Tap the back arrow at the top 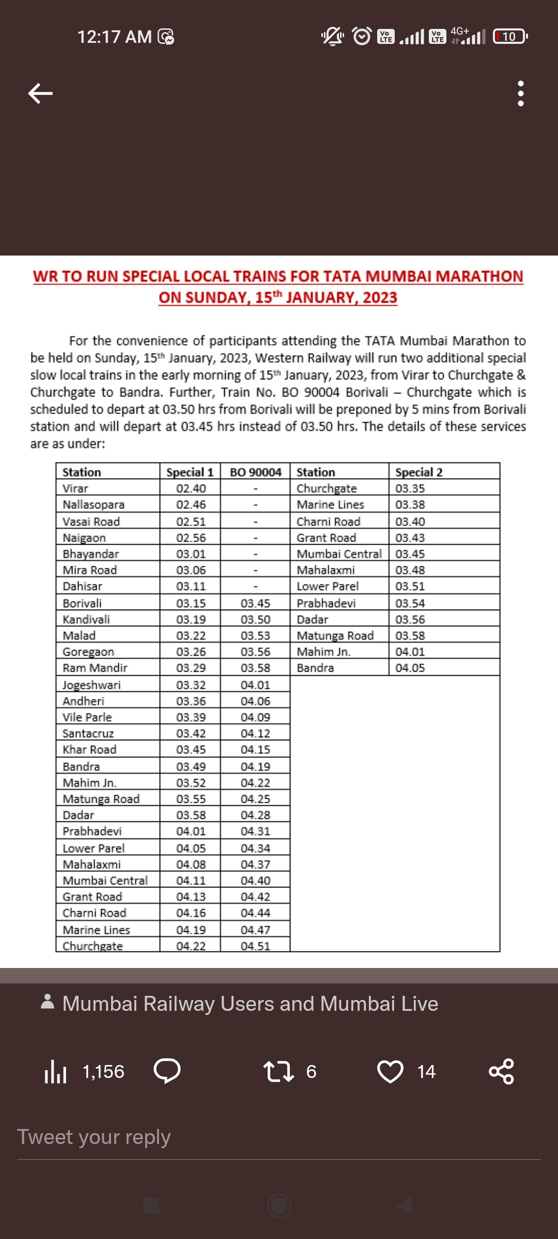click(40, 93)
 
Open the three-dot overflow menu click(520, 93)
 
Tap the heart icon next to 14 click(390, 1071)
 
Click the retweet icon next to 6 click(278, 1071)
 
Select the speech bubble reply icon click(167, 1071)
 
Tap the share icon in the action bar click(501, 1071)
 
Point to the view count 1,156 click(103, 1072)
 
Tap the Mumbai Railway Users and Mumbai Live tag click(250, 1004)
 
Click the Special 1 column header click(190, 472)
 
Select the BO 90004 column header click(255, 472)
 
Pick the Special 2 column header click(419, 472)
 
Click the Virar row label click(75, 488)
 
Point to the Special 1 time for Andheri click(191, 701)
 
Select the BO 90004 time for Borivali click(255, 603)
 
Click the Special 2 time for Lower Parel click(410, 586)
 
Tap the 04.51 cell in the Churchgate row click(255, 946)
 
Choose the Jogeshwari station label click(91, 685)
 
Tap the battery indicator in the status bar click(510, 37)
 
